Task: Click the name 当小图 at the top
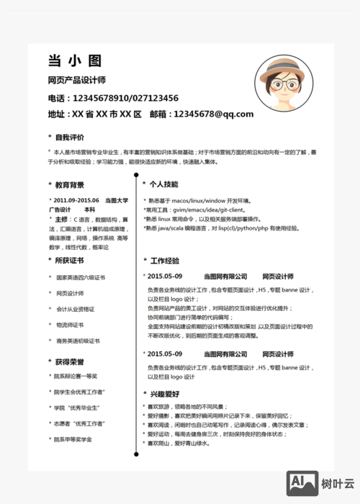pyautogui.click(x=74, y=60)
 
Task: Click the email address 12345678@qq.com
pyautogui.click(x=214, y=114)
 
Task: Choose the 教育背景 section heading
pyautogui.click(x=69, y=184)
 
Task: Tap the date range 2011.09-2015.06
pyautogui.click(x=76, y=199)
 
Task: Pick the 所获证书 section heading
pyautogui.click(x=69, y=261)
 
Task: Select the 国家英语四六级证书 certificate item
pyautogui.click(x=81, y=277)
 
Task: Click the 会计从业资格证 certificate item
pyautogui.click(x=76, y=309)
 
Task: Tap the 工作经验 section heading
pyautogui.click(x=164, y=261)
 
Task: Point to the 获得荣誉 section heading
pyautogui.click(x=69, y=361)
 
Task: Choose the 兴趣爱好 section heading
pyautogui.click(x=164, y=394)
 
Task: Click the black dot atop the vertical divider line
pyautogui.click(x=136, y=174)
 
